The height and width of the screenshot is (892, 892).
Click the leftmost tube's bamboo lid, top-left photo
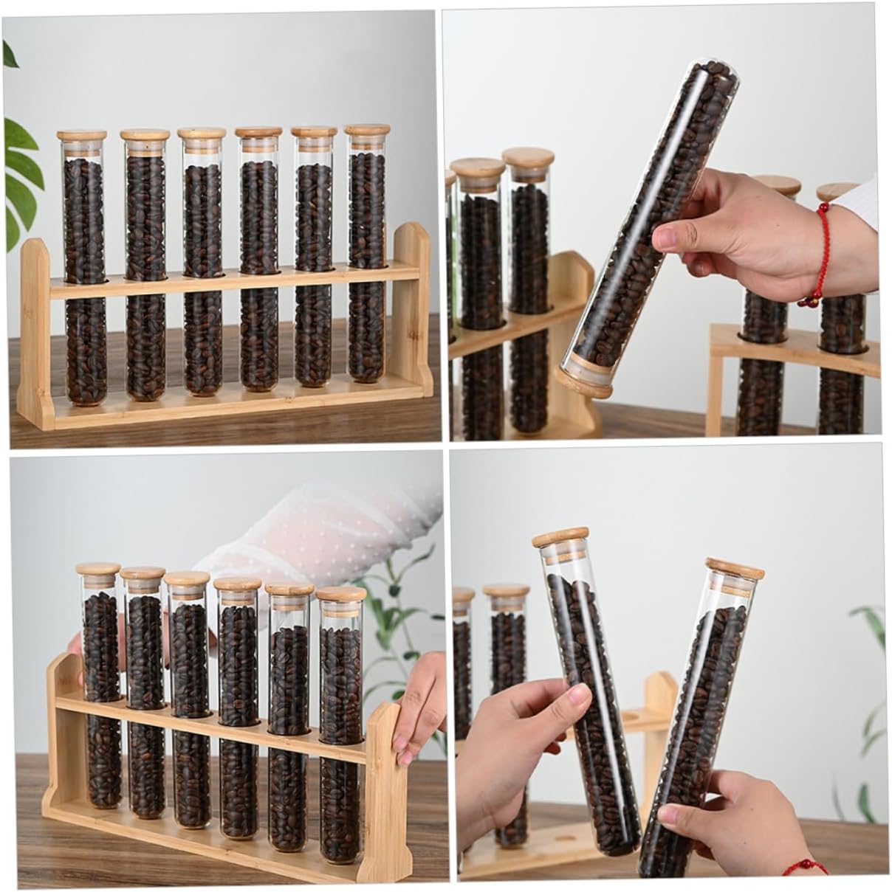82,136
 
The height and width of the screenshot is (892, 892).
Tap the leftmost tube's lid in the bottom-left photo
98,570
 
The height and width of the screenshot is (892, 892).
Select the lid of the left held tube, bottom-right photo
561,536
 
